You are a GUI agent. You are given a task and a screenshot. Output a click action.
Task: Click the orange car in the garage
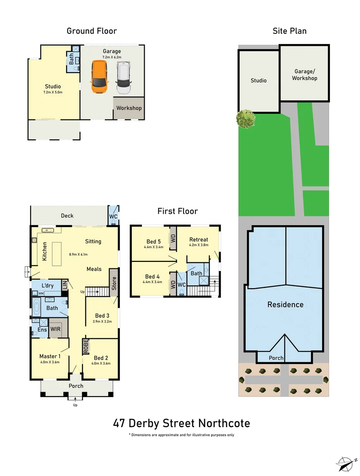pos(100,77)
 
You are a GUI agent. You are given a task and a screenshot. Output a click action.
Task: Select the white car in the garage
pos(124,77)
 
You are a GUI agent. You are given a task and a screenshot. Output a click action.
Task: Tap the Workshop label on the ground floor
pos(129,108)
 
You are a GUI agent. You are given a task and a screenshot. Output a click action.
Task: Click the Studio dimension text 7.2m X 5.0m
pos(53,93)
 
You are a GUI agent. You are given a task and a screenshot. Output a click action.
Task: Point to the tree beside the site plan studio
pos(245,119)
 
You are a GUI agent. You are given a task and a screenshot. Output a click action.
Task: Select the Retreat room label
pos(199,239)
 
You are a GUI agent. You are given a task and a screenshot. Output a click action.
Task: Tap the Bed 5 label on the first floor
pos(154,241)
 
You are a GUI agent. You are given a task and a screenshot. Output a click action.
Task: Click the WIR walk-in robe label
pos(56,329)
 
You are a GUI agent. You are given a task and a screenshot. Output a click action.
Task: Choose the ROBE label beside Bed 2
pos(86,346)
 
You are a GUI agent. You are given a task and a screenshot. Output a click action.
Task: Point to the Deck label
pos(67,216)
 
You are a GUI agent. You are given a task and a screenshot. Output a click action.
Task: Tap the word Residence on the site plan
pos(285,305)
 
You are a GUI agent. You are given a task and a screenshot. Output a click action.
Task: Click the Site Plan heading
pos(289,31)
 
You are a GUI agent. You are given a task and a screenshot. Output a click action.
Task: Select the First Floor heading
pos(177,211)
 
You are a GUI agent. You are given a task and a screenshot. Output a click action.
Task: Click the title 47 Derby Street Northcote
pos(181,424)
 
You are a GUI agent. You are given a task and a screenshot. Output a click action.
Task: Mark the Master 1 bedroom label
pos(49,356)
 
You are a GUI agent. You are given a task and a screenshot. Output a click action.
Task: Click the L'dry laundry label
pos(47,286)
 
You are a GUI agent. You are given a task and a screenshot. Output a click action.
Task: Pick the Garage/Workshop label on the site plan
pos(304,75)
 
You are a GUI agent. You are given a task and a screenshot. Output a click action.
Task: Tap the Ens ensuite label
pos(42,330)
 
